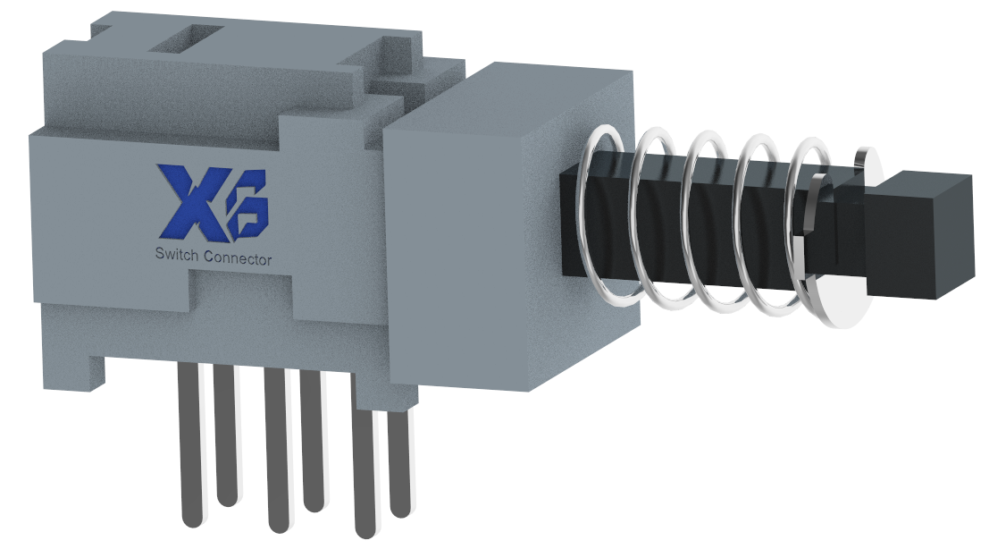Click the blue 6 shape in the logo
[248, 206]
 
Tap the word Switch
[177, 255]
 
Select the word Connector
[239, 258]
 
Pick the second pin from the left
[226, 435]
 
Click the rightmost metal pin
[399, 464]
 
